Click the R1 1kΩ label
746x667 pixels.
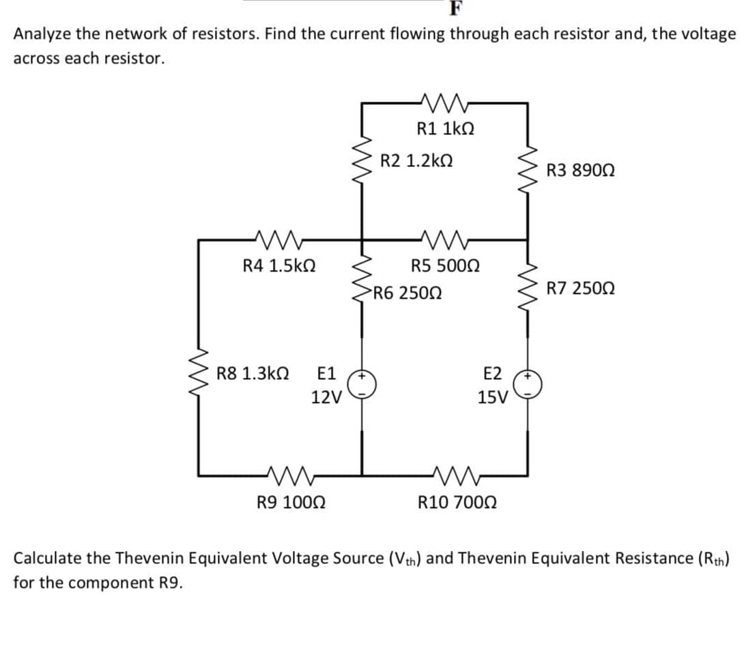click(446, 128)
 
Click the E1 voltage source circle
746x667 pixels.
click(361, 385)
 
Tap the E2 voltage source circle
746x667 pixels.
click(528, 385)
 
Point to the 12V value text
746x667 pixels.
click(325, 396)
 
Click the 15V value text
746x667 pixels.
click(492, 396)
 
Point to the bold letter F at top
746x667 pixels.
click(456, 9)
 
